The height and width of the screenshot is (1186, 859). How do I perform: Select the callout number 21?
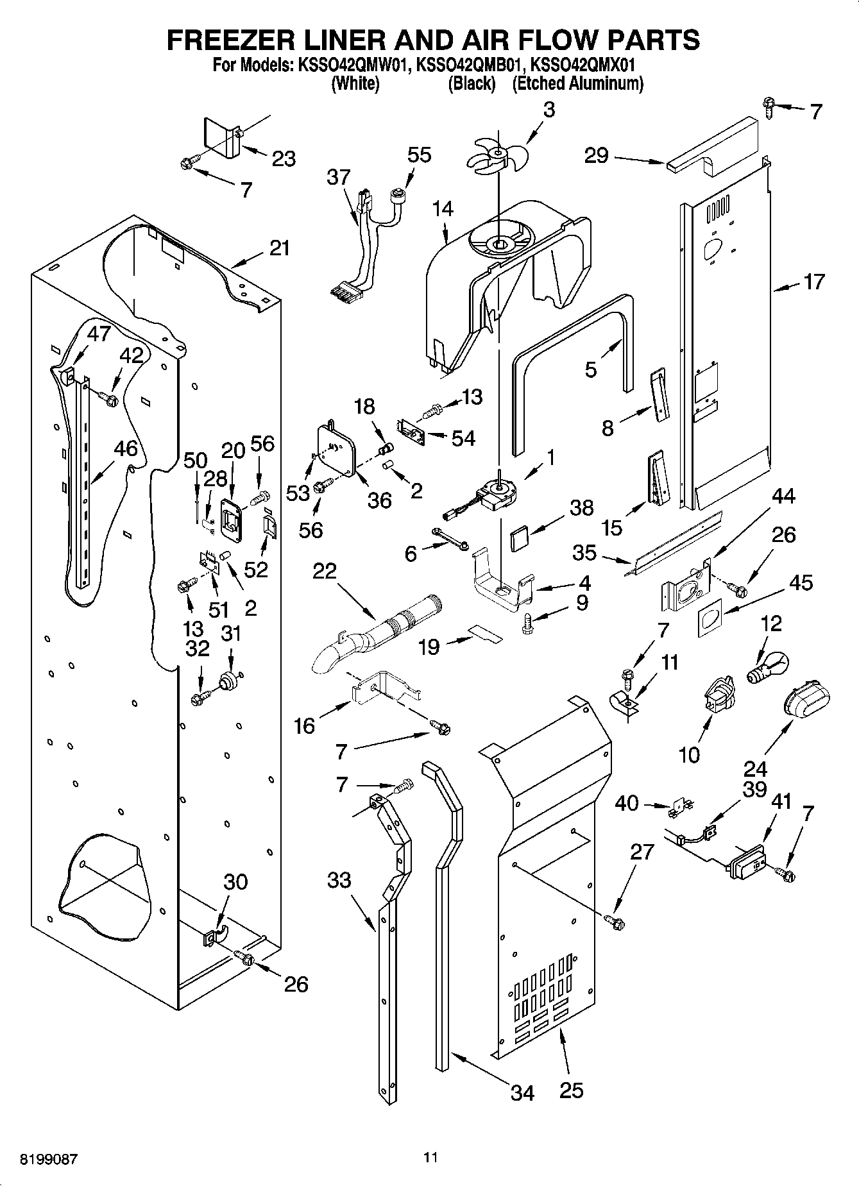coord(279,248)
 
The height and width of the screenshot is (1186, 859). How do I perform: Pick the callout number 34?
coord(522,1092)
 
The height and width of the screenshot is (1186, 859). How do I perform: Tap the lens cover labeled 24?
coord(806,700)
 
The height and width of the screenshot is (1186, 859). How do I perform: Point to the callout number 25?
coord(570,1090)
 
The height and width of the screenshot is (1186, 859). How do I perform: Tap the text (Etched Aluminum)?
coord(577,83)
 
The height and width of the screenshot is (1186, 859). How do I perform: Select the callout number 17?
coord(813,282)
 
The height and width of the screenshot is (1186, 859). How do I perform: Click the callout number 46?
coord(126,448)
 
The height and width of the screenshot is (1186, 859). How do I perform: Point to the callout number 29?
coord(595,155)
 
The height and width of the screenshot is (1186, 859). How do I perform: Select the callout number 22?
coord(325,570)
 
